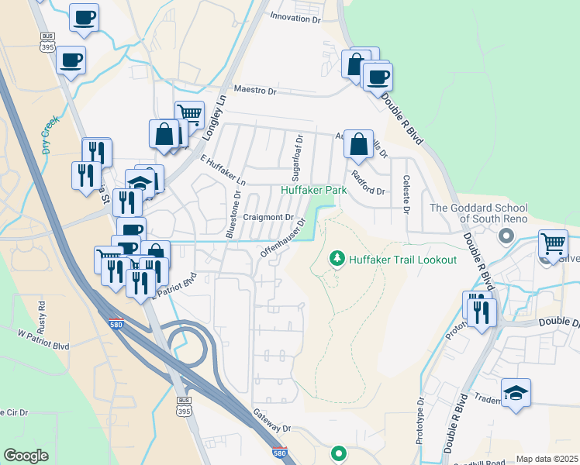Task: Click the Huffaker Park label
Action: pyautogui.click(x=313, y=190)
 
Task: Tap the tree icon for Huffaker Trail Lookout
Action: pyautogui.click(x=337, y=257)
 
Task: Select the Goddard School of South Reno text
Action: pyautogui.click(x=478, y=214)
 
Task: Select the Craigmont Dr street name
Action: pyautogui.click(x=268, y=218)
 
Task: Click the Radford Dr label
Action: pyautogui.click(x=368, y=184)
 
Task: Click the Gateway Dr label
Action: pyautogui.click(x=271, y=422)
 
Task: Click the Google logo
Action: pyautogui.click(x=26, y=456)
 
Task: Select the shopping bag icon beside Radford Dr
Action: pyautogui.click(x=358, y=143)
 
